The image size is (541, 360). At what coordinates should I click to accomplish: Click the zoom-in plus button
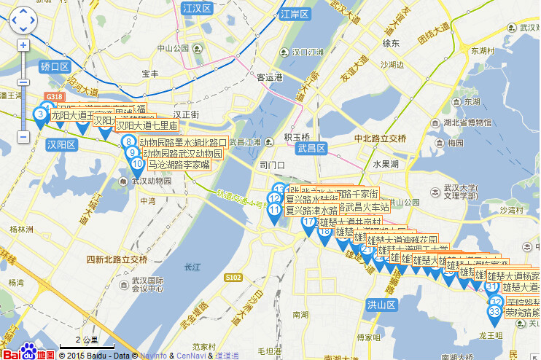[x=23, y=45]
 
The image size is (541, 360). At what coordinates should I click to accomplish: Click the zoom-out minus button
[x=23, y=136]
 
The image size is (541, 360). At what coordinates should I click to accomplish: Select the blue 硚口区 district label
[x=55, y=66]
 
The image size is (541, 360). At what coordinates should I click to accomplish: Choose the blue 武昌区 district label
[x=312, y=148]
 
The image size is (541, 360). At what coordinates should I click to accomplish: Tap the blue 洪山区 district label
[x=381, y=304]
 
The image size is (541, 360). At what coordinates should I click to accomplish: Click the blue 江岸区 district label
[x=295, y=14]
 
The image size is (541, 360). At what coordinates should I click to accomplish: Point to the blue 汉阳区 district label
[x=61, y=144]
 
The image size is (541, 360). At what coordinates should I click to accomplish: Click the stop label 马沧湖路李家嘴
[x=179, y=165]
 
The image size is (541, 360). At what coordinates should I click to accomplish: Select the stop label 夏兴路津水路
[x=311, y=210]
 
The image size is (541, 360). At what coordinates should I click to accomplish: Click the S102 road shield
[x=233, y=278]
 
